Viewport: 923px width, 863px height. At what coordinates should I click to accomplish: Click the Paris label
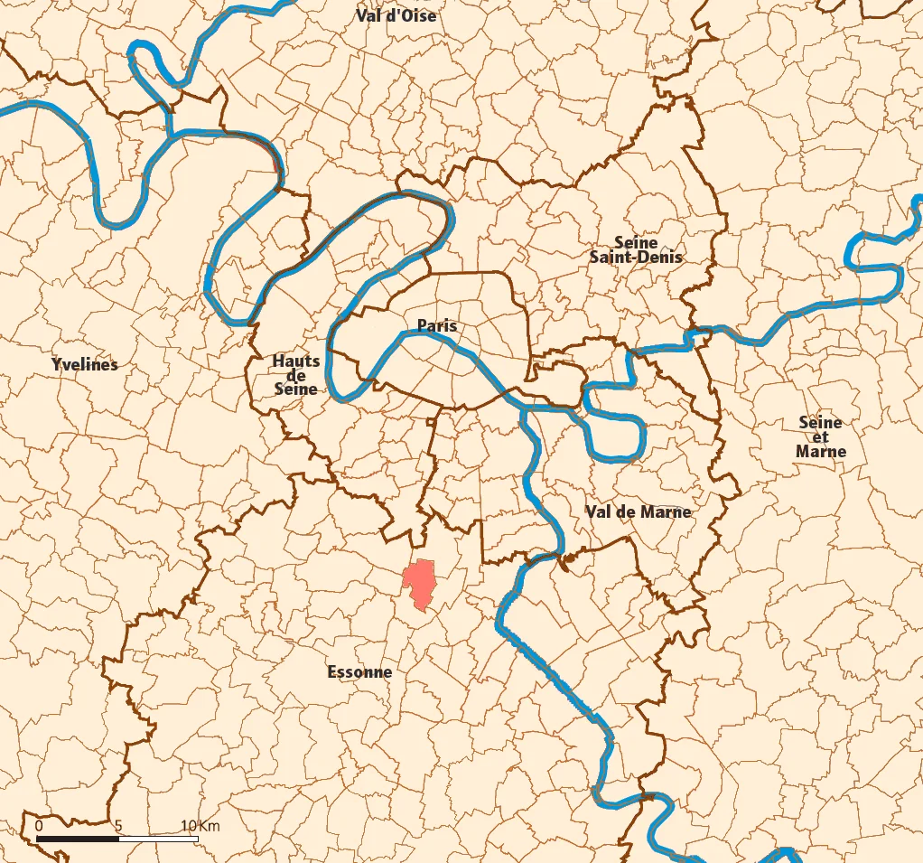point(437,325)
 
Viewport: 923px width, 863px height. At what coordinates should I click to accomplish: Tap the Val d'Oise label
point(396,15)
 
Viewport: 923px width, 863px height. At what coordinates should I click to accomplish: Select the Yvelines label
point(85,365)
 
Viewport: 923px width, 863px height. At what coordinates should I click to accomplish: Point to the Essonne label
point(359,672)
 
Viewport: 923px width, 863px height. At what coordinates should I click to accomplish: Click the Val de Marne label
point(638,511)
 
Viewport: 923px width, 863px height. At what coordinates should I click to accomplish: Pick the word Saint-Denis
point(636,258)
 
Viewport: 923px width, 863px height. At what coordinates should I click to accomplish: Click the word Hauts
point(296,361)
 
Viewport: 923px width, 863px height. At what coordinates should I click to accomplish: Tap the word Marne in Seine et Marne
point(821,452)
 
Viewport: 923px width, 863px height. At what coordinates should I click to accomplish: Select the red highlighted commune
point(420,583)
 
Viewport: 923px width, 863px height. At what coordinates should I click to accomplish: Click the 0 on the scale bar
point(38,826)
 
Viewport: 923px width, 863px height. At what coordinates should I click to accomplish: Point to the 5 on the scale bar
point(118,826)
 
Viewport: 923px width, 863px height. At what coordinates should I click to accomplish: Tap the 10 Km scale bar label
point(200,826)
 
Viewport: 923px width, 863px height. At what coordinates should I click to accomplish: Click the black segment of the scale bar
point(78,840)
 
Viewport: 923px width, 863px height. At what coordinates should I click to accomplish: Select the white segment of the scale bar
point(158,840)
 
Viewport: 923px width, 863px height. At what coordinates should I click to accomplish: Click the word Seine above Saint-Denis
point(636,242)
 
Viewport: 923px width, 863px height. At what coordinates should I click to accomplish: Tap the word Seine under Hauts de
point(296,389)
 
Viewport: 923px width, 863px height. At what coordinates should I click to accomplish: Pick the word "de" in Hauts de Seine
point(296,375)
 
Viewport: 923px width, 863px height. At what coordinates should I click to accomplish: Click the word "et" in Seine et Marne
point(821,437)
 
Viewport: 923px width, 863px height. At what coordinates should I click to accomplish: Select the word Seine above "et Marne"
point(821,422)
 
